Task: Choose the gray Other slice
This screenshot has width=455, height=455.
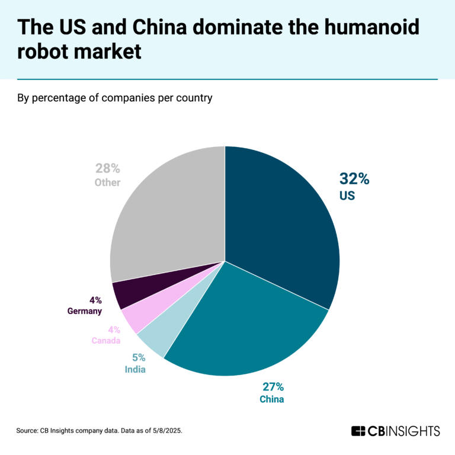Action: pyautogui.click(x=166, y=213)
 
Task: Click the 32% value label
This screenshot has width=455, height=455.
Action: pyautogui.click(x=354, y=178)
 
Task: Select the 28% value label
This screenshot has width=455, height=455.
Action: pyautogui.click(x=108, y=168)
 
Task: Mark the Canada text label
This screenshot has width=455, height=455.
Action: pyautogui.click(x=106, y=341)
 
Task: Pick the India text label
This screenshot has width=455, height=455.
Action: pyautogui.click(x=136, y=370)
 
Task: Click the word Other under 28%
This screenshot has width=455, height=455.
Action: pyautogui.click(x=107, y=182)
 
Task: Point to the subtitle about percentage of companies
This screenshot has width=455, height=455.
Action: pyautogui.click(x=115, y=98)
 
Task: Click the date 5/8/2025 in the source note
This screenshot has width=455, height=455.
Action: pyautogui.click(x=166, y=431)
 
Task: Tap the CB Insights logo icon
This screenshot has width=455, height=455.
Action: pyautogui.click(x=357, y=431)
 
